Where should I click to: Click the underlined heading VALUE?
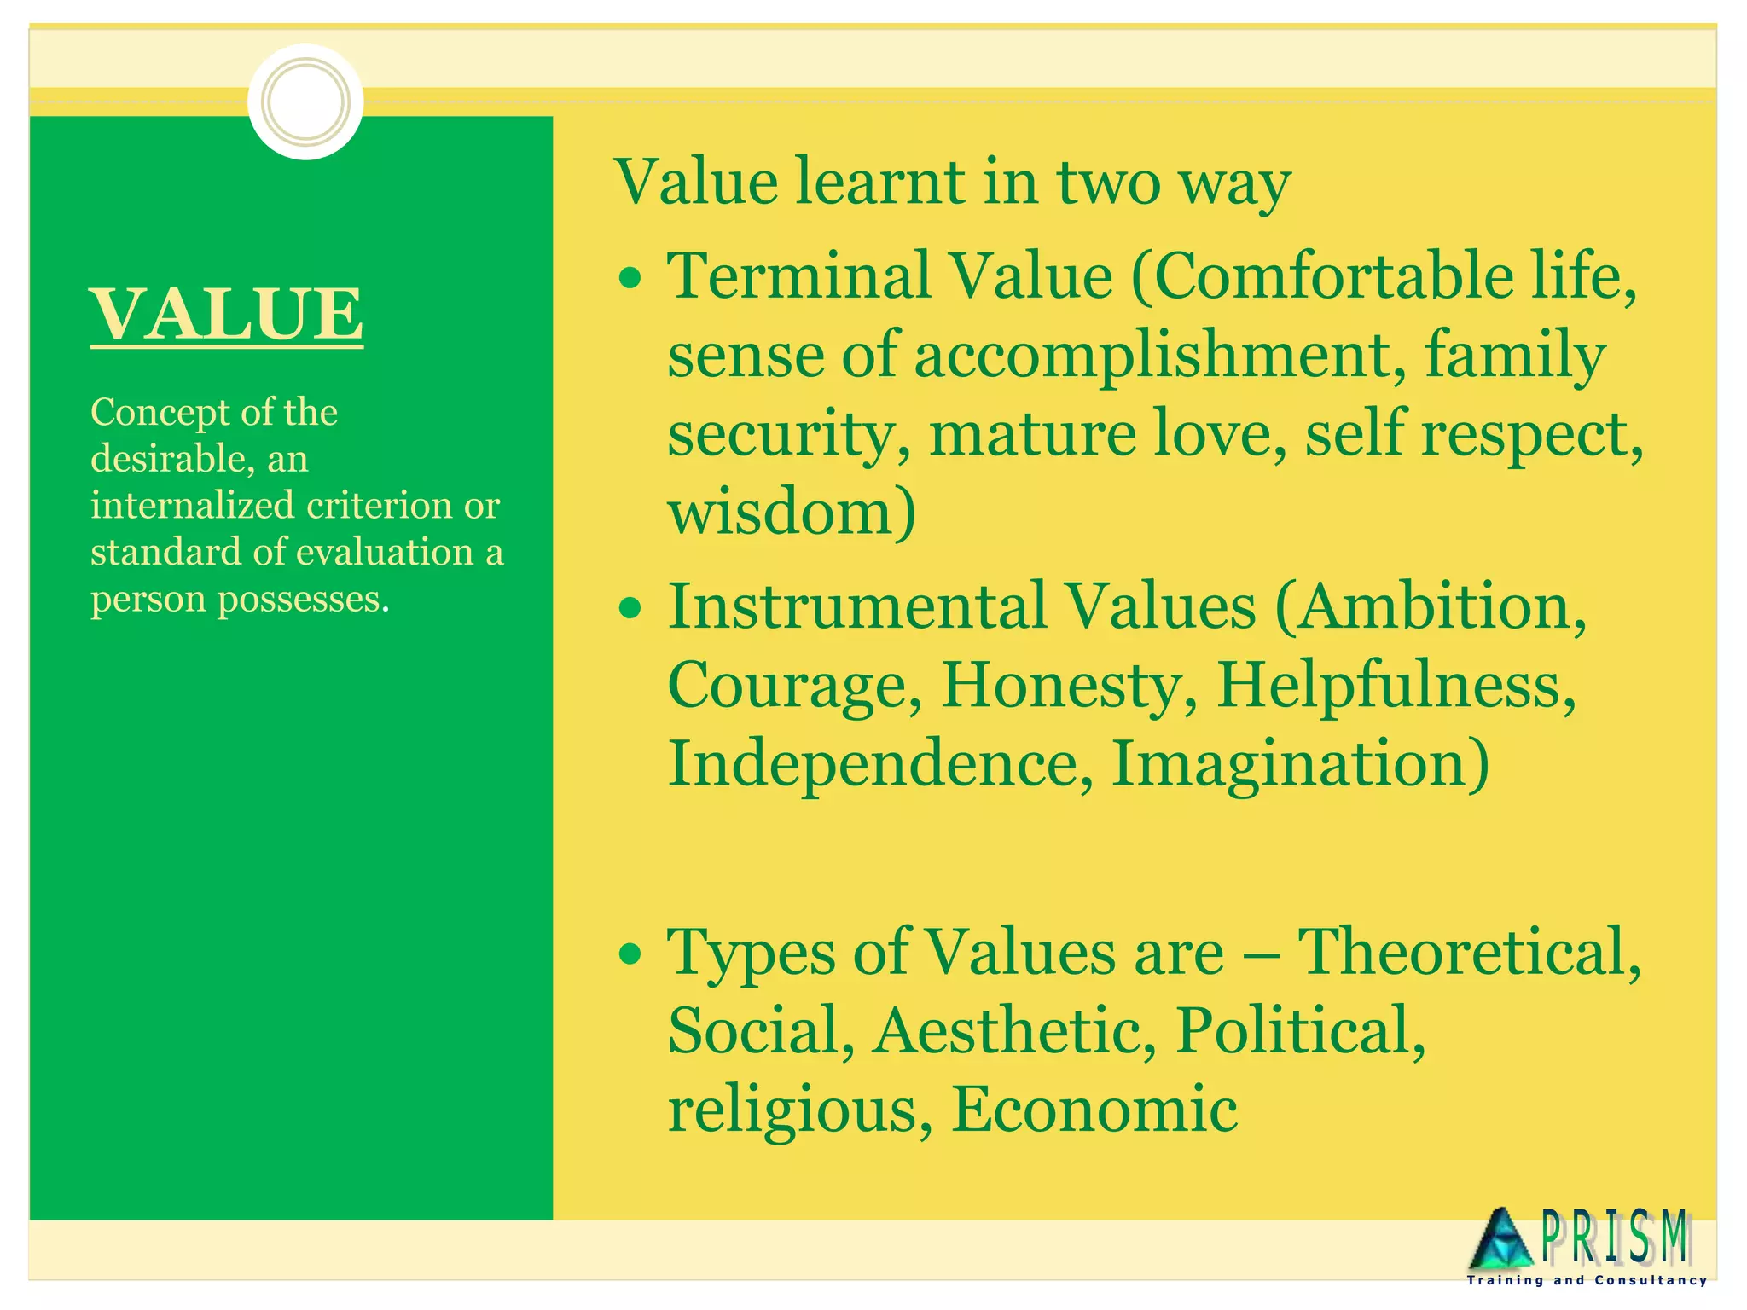[227, 314]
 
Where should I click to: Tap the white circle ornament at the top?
[305, 101]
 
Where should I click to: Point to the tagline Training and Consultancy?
[1587, 1281]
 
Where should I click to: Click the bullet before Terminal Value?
[630, 278]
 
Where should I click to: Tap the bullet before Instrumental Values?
[630, 608]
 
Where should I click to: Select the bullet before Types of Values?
[630, 954]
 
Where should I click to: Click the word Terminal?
[799, 276]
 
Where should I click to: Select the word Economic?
[1094, 1109]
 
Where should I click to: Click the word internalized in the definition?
[193, 506]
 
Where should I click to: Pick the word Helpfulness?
[1395, 685]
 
